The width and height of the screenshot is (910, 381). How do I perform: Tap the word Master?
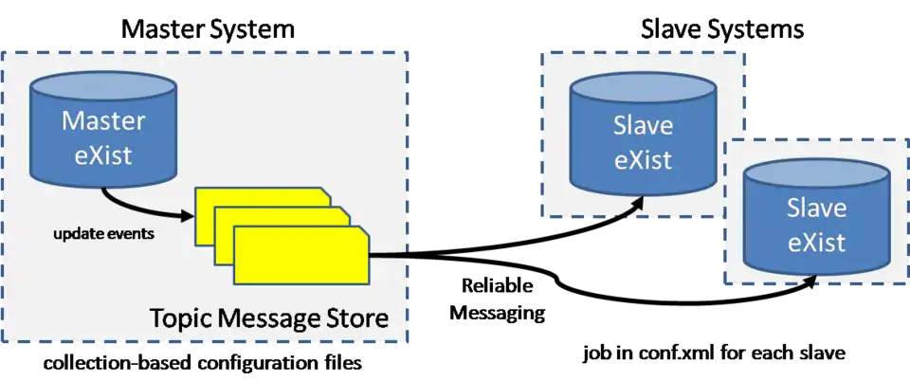tap(104, 121)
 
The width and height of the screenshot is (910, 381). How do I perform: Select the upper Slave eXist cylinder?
tap(643, 142)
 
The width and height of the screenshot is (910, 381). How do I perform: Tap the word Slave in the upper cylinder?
tap(643, 126)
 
